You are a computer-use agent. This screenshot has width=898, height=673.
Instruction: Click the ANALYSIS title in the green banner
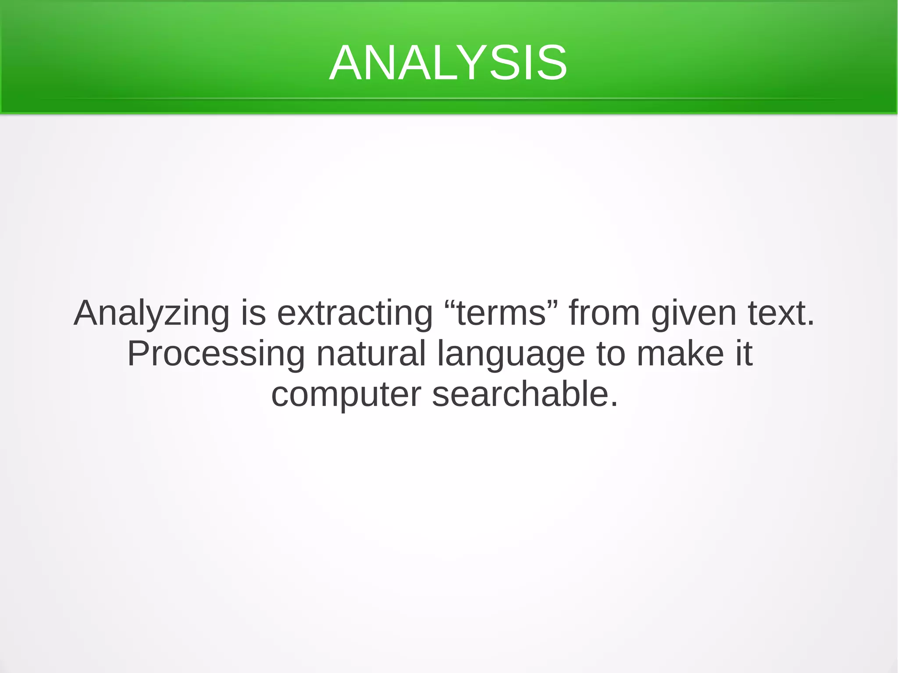[x=448, y=63]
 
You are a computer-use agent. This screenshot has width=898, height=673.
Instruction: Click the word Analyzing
[x=151, y=313]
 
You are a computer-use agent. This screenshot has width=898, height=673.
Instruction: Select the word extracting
[x=355, y=313]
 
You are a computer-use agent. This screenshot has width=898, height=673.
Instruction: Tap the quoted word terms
[x=501, y=313]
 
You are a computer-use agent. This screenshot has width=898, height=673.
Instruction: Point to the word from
[x=604, y=313]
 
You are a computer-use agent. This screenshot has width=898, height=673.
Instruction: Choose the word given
[x=694, y=313]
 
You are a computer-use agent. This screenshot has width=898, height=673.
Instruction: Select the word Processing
[x=216, y=354]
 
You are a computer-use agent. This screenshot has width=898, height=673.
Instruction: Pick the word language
[x=511, y=354]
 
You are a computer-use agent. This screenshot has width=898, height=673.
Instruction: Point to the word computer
[x=346, y=395]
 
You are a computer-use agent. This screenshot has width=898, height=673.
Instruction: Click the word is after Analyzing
[x=253, y=313]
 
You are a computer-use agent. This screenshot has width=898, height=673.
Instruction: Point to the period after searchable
[x=614, y=404]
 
